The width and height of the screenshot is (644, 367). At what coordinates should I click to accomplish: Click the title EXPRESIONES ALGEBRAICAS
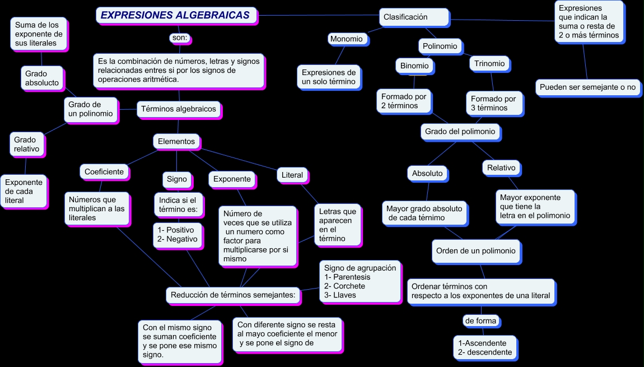pos(175,16)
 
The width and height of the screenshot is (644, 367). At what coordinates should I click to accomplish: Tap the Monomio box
pos(347,39)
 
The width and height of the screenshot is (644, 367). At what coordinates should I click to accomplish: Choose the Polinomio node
pos(440,47)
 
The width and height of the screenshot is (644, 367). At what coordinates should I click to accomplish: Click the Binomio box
pos(414,66)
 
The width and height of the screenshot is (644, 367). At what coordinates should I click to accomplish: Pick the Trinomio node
pos(489,64)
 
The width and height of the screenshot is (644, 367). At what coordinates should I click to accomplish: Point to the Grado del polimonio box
pos(460,132)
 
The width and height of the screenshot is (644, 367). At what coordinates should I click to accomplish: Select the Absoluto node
pos(427,174)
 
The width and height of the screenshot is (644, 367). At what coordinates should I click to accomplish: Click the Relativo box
pos(501,168)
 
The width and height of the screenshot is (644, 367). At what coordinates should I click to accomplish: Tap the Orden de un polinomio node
pos(476,251)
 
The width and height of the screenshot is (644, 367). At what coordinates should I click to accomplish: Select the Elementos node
pos(176,142)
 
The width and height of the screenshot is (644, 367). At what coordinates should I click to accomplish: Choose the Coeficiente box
pos(104,172)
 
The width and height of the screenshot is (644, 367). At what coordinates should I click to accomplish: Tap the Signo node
pos(177,180)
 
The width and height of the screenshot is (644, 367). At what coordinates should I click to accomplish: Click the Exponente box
pos(232,179)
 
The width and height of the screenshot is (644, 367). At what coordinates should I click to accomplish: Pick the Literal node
pos(292,175)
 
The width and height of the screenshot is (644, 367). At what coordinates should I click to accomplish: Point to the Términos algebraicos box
pos(179,109)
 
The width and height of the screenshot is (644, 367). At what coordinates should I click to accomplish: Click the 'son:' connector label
pos(180,38)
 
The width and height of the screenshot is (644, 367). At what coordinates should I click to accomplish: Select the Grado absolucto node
pos(42,78)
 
